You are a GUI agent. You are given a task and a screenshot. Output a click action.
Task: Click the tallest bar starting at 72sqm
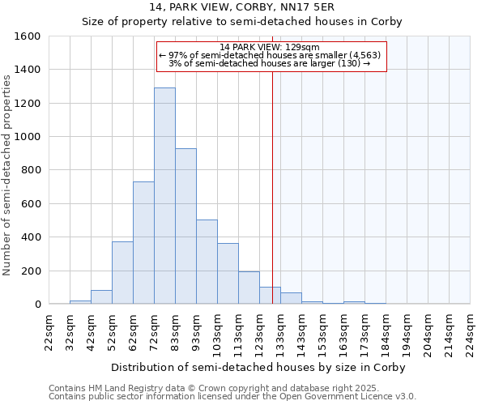click(x=164, y=196)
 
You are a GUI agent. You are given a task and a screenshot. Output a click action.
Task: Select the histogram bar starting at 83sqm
click(x=185, y=227)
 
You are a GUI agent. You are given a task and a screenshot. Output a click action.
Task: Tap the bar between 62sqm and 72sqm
click(x=143, y=243)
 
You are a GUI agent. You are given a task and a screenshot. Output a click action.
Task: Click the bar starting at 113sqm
click(x=249, y=288)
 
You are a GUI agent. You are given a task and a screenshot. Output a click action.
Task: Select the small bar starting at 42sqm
click(x=101, y=297)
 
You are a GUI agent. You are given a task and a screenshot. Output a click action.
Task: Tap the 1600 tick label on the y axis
click(x=28, y=36)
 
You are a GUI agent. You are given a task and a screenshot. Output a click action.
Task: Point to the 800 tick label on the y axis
click(x=31, y=170)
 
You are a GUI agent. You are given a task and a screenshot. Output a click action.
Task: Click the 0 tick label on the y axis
click(x=37, y=304)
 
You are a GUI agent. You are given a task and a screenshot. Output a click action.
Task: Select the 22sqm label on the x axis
click(x=49, y=334)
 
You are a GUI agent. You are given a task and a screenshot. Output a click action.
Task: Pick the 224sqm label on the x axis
click(x=470, y=334)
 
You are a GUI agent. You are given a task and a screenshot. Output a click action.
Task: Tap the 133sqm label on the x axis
click(x=281, y=334)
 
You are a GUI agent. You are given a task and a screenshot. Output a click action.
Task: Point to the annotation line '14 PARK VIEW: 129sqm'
click(x=270, y=47)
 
